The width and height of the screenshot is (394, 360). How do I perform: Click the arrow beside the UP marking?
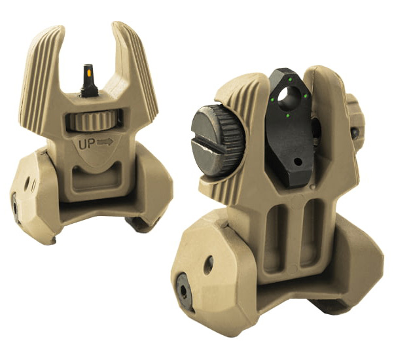105,141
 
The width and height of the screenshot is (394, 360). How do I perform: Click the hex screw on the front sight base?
14,205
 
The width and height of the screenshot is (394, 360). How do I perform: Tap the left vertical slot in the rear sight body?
274,232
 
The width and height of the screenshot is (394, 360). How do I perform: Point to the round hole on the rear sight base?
207,264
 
